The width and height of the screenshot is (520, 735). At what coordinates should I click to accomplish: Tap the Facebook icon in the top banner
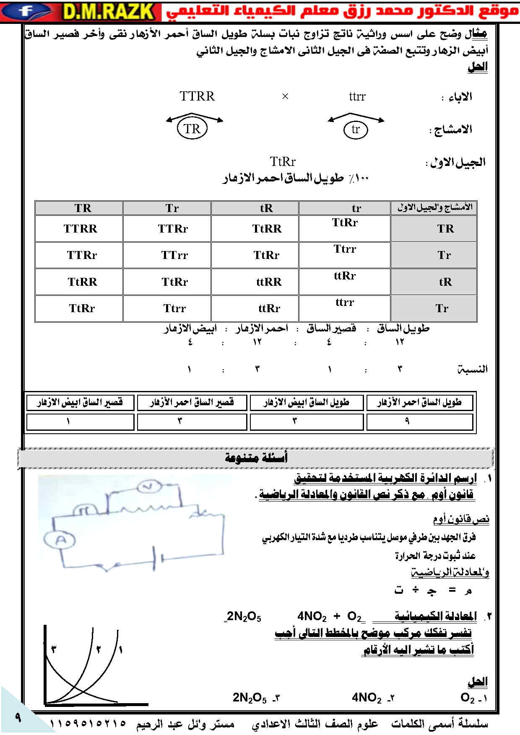tap(26, 11)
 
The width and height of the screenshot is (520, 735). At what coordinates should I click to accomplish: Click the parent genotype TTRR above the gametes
tap(197, 96)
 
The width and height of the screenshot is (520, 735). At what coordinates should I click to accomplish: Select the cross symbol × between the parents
tap(285, 97)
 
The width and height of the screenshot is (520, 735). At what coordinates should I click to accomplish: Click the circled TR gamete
tap(192, 129)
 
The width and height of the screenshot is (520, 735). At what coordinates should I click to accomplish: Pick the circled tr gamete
tap(356, 129)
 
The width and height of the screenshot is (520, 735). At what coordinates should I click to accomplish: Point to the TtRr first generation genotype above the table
tap(283, 162)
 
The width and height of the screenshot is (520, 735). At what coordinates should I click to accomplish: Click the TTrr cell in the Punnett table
tap(174, 255)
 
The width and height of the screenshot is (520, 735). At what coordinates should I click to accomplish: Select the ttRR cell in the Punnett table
tap(269, 282)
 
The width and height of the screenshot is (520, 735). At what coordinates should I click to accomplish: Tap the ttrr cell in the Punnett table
tap(345, 302)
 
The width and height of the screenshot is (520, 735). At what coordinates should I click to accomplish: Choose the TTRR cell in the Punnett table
tap(80, 229)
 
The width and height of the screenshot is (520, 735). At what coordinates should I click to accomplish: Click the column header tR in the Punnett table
tap(266, 208)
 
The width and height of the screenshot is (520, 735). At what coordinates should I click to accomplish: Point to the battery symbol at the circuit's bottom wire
tap(157, 559)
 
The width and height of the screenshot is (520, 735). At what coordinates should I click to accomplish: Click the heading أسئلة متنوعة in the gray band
tap(256, 458)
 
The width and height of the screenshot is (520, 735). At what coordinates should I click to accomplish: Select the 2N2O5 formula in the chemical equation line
tap(244, 617)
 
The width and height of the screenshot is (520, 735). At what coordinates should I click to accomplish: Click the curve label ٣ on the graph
tap(54, 650)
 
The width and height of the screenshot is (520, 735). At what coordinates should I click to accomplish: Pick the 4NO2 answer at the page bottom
tap(367, 698)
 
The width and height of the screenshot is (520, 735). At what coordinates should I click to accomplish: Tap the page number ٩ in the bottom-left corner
tap(18, 717)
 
